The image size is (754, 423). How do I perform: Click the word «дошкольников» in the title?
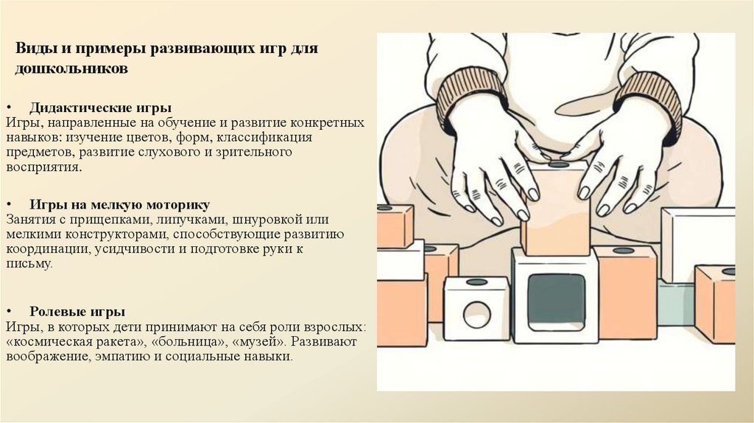coord(71,69)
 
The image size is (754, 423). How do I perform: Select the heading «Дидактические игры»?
coord(100,107)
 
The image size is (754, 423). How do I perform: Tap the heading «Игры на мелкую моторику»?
coord(120,205)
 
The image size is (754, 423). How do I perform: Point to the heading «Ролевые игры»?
coord(77,312)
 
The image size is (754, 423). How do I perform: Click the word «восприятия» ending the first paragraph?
coord(44,167)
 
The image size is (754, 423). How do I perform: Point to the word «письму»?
coord(29,265)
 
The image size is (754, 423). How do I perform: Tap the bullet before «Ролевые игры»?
coord(10,312)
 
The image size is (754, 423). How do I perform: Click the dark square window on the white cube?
coord(556,301)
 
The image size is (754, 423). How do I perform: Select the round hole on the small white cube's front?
coord(476,314)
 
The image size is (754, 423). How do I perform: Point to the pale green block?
coord(676,303)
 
